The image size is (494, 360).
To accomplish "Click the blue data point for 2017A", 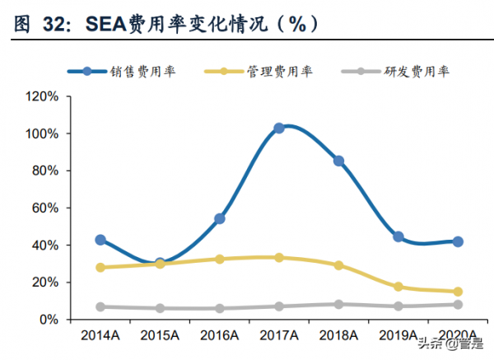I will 279,129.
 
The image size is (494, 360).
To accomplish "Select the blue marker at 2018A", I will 338,161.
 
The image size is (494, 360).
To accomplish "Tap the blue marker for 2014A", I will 100,240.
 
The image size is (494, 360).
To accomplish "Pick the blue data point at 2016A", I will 220,219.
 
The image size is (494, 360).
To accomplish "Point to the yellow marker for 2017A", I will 279,258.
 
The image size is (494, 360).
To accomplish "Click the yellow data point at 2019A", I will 398,287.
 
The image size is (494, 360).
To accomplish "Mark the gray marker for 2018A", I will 338,304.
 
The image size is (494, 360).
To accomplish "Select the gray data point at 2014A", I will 100,306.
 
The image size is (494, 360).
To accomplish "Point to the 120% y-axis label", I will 41,96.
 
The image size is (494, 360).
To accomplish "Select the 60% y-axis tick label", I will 44,208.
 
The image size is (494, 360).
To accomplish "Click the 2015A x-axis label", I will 160,336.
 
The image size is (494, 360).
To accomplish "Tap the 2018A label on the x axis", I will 338,336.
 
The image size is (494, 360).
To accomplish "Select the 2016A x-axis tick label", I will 220,336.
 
